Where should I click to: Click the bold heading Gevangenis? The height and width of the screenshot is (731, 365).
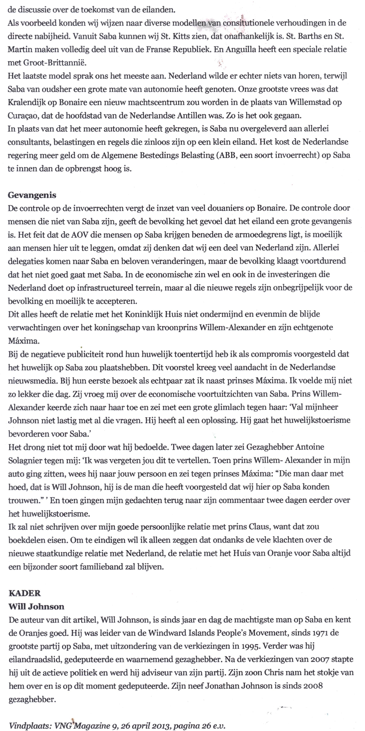32,195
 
